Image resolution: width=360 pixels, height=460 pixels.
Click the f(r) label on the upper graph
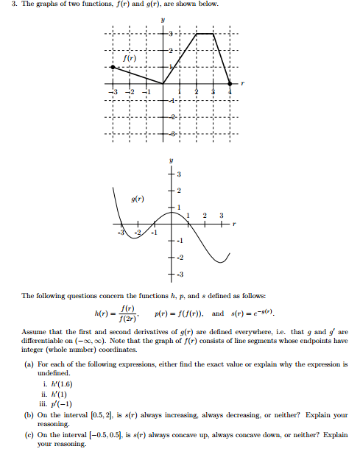point(130,57)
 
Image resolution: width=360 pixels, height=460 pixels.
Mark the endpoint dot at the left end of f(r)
point(113,67)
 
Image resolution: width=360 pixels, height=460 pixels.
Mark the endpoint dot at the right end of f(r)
point(230,83)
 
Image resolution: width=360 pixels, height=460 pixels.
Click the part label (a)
point(28,364)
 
